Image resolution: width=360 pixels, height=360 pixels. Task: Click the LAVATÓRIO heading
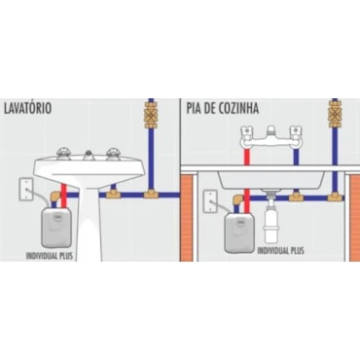27,108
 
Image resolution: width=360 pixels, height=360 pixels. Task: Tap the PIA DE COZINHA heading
223,108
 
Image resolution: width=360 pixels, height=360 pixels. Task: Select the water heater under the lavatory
55,228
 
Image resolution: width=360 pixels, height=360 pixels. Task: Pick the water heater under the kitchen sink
239,233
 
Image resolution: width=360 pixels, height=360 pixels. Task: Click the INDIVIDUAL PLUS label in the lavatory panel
50,256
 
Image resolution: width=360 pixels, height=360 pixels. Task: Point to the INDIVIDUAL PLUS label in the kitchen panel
281,250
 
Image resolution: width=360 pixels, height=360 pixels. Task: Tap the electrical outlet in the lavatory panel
26,189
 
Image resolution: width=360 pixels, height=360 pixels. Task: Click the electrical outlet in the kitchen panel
210,201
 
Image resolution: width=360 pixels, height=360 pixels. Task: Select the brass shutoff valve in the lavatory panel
151,115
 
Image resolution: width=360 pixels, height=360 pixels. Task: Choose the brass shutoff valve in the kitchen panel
335,115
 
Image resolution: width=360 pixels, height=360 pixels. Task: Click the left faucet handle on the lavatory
63,154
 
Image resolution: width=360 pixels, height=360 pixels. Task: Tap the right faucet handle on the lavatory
114,154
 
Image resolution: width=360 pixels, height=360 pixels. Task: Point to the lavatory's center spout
89,156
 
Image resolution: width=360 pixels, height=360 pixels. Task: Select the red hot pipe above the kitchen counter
247,157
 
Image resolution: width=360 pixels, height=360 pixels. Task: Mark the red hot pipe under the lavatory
64,196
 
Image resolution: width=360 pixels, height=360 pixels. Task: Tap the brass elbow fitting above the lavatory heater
54,198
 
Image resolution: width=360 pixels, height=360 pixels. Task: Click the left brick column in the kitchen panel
186,216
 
